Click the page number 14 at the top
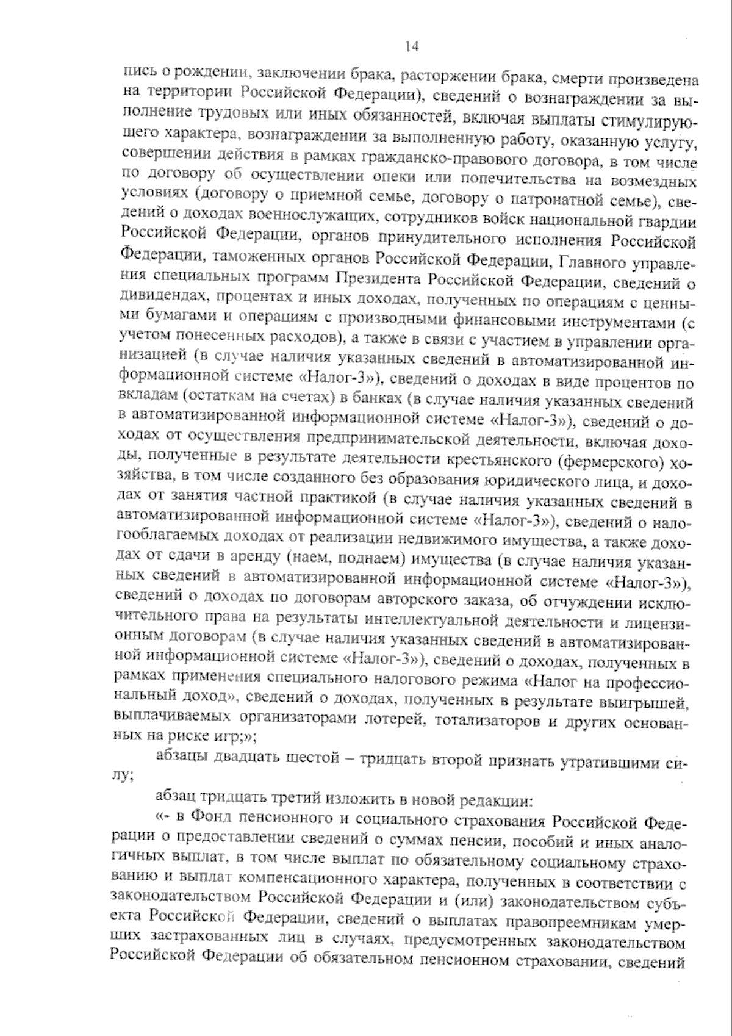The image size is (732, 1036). [411, 47]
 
